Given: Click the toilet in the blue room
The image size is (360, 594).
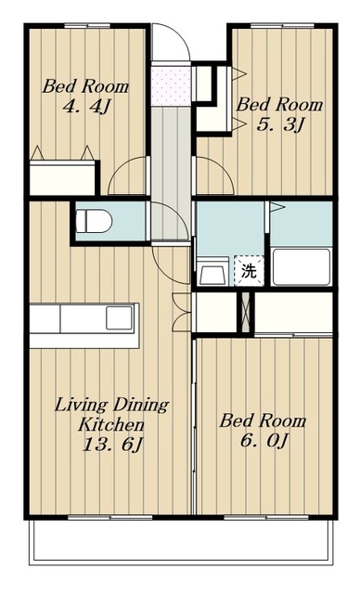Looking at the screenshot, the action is pyautogui.click(x=94, y=221).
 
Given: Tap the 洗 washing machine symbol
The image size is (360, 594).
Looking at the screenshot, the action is pyautogui.click(x=249, y=271).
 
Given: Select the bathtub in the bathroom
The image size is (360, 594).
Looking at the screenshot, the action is pyautogui.click(x=302, y=266).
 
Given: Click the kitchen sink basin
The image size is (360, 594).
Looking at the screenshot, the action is pyautogui.click(x=120, y=317).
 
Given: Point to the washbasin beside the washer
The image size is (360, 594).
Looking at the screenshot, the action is pyautogui.click(x=213, y=272).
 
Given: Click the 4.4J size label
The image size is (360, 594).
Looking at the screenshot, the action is pyautogui.click(x=86, y=107).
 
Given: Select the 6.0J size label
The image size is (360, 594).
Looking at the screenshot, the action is pyautogui.click(x=264, y=440).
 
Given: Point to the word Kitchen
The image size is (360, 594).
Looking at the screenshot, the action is pyautogui.click(x=111, y=424).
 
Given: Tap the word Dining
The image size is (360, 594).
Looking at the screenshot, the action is pyautogui.click(x=141, y=406).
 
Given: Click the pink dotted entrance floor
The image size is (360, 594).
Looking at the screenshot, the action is pyautogui.click(x=171, y=86).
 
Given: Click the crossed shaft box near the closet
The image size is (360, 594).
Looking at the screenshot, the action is pyautogui.click(x=246, y=313).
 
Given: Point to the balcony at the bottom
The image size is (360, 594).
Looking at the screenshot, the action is pyautogui.click(x=181, y=542).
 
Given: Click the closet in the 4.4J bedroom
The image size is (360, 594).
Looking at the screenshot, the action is pyautogui.click(x=62, y=177).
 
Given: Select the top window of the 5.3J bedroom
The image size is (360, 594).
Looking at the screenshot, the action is pyautogui.click(x=282, y=26).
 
